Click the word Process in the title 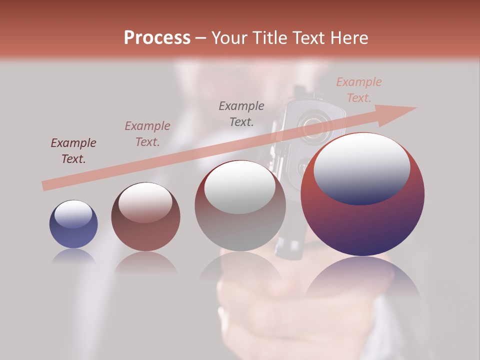[x=157, y=38]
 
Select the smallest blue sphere [x=73, y=224]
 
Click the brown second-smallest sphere [x=145, y=217]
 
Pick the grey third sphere [x=240, y=206]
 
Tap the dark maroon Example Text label [x=73, y=151]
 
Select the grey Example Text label [x=241, y=113]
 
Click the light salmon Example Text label [x=358, y=90]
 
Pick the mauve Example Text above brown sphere [x=147, y=134]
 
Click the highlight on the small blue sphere [x=73, y=214]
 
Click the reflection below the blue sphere [x=73, y=256]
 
